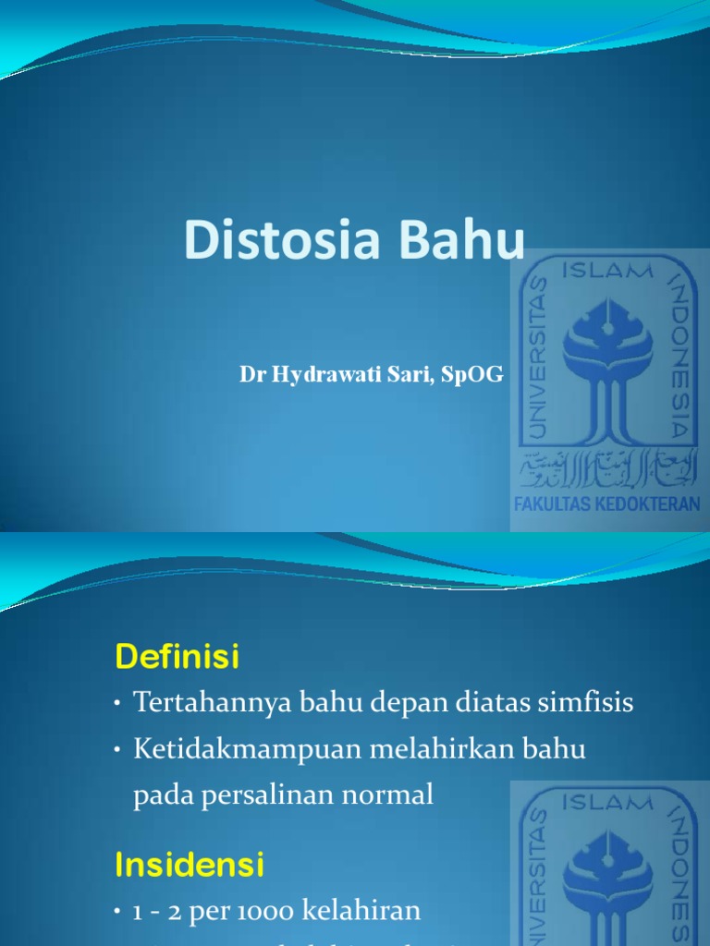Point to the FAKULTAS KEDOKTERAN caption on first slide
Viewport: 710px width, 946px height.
point(607,504)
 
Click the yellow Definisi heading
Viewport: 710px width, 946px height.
point(177,658)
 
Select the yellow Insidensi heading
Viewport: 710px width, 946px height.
point(189,866)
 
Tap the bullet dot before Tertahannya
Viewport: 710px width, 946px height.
point(118,705)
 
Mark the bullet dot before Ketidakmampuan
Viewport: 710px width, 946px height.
point(118,751)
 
